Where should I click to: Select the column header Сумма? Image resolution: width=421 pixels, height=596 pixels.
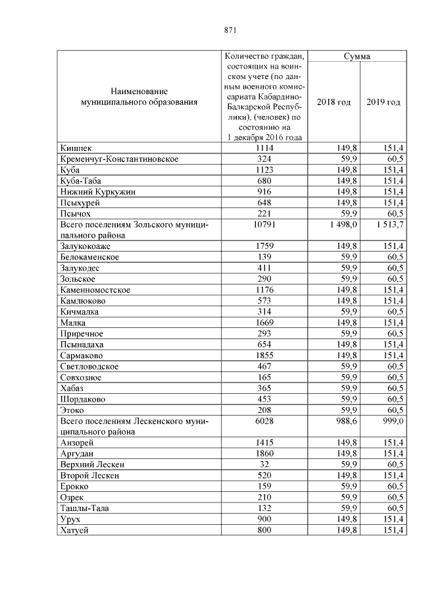357,56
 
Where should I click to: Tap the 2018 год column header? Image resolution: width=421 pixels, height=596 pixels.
334,102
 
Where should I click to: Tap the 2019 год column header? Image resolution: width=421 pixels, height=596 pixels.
383,102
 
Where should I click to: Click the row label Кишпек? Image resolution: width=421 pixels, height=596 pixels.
72,148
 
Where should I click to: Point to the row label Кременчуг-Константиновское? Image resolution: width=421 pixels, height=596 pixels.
118,159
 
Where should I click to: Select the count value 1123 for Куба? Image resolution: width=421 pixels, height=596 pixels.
264,170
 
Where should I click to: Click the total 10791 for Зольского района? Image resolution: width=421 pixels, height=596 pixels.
264,225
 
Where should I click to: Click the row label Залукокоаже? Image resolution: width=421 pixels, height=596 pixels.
87,246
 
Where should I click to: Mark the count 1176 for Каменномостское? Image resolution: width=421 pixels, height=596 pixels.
264,290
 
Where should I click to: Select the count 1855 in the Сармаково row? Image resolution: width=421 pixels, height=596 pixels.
264,355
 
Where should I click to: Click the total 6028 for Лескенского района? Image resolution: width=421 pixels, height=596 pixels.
264,421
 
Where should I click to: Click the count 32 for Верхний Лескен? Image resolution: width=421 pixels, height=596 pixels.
264,464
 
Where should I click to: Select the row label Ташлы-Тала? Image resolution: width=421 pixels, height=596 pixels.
84,508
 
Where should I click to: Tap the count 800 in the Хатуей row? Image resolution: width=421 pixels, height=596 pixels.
264,529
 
